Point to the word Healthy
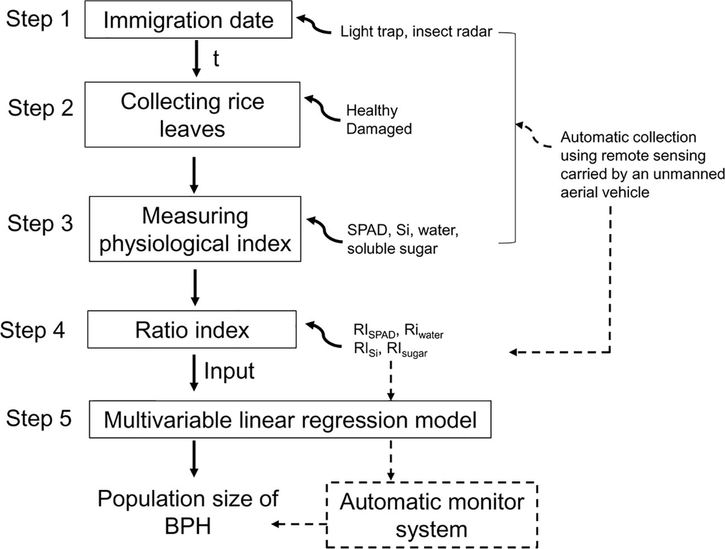click(x=372, y=111)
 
